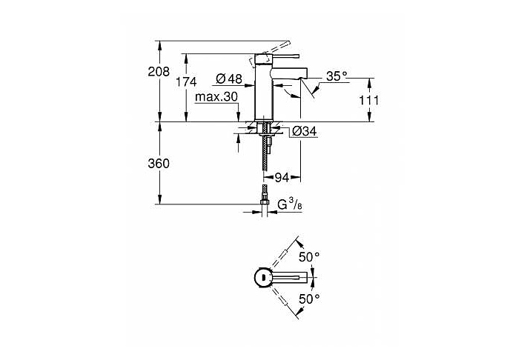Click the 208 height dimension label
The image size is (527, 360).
tap(159, 72)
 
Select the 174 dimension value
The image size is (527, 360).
tap(186, 82)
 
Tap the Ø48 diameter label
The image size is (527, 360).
tap(229, 79)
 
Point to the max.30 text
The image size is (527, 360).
tap(216, 97)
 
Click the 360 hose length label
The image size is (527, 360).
tap(159, 164)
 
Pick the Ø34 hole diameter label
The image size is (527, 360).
tap(305, 131)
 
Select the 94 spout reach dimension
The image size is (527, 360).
tap(282, 177)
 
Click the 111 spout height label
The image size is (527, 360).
tap(368, 100)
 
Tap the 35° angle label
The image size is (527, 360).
tap(337, 76)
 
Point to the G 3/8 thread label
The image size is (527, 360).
tap(290, 204)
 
